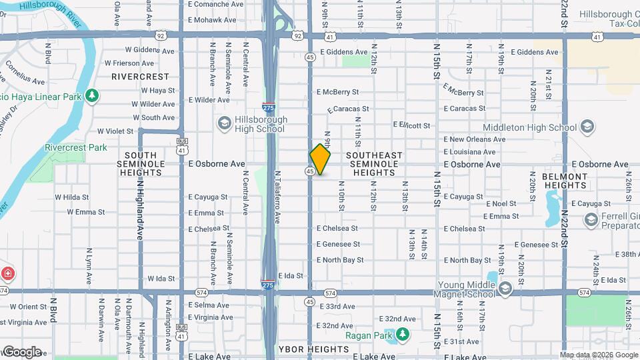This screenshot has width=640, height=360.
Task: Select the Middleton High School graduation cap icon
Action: coord(587,127)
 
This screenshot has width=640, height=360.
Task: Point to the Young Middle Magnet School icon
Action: coord(505,288)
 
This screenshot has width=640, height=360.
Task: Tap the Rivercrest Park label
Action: coord(76,147)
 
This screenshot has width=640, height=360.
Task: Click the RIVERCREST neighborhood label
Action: coord(141,77)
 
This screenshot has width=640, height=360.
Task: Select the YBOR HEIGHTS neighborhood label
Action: coord(313,349)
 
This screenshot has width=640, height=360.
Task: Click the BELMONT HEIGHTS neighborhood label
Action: coord(564,181)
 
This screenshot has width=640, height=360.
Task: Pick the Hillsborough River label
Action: coord(39,13)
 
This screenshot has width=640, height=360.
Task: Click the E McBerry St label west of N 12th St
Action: coord(338,92)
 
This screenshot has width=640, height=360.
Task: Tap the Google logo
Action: coord(21,351)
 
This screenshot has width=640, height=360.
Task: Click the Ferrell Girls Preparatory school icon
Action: coord(590,219)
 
